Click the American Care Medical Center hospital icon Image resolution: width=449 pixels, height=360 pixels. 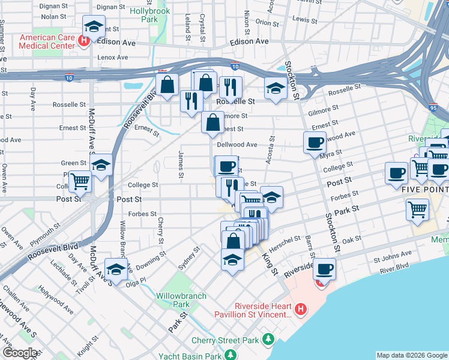point(85,41)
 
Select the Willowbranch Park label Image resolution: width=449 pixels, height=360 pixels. point(181,300)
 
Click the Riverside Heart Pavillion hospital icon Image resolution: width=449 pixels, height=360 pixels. point(301,310)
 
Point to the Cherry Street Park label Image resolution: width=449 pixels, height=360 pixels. point(225,341)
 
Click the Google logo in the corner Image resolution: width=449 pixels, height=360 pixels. point(20,353)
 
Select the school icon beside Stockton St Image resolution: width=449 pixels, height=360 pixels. point(275,88)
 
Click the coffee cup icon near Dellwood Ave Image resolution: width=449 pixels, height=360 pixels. point(314,143)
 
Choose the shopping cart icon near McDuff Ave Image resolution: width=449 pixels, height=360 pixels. point(80,181)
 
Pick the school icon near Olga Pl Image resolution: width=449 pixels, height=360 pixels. point(116,269)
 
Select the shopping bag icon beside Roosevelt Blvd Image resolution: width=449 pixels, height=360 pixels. point(167,84)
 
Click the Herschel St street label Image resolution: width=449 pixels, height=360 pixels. point(288,239)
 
